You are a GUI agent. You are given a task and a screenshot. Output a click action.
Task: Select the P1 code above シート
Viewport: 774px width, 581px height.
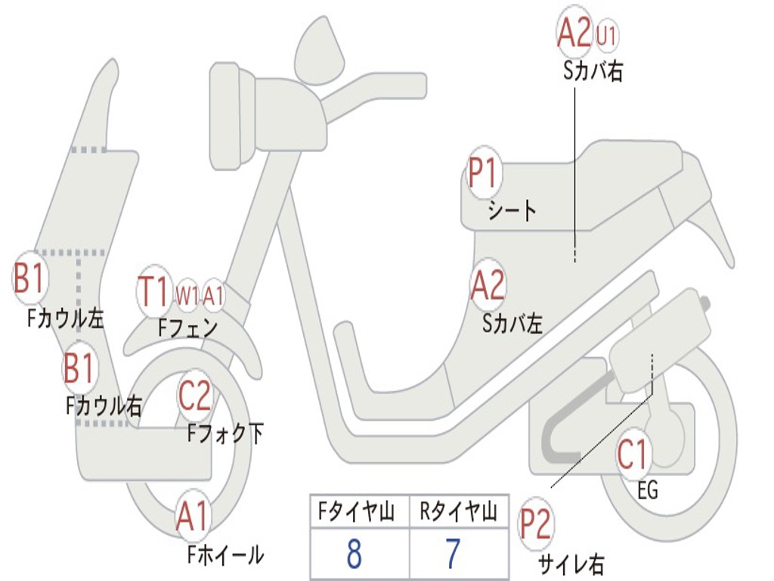[485, 172]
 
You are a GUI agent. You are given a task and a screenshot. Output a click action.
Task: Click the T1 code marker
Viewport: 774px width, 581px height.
[153, 291]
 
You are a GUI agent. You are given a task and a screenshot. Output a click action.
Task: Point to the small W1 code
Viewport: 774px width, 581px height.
[187, 296]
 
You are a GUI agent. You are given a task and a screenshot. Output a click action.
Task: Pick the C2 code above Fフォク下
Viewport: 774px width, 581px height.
[194, 395]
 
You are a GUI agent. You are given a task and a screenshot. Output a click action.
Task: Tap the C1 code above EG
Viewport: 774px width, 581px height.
[633, 455]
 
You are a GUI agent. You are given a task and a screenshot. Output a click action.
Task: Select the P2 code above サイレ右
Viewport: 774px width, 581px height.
[534, 524]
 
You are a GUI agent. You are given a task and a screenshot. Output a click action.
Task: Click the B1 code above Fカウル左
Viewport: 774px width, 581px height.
[29, 277]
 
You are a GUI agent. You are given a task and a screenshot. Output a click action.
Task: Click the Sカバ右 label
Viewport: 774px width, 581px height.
[593, 70]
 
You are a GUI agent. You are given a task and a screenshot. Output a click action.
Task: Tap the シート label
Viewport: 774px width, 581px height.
[512, 210]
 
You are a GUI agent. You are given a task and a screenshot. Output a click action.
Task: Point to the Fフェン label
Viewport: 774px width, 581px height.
[187, 327]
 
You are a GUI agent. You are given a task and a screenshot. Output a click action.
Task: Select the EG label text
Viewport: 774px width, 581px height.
[648, 490]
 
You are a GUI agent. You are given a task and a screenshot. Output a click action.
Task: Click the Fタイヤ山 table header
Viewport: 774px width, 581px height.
[356, 512]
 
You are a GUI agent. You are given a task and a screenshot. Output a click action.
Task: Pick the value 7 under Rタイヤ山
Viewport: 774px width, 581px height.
[454, 553]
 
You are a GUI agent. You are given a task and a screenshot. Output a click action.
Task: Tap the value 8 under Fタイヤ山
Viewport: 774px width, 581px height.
[354, 553]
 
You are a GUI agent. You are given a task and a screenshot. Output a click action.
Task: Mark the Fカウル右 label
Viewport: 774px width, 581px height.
[104, 406]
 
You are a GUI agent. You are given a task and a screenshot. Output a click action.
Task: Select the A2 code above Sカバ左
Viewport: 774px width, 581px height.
[488, 284]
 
